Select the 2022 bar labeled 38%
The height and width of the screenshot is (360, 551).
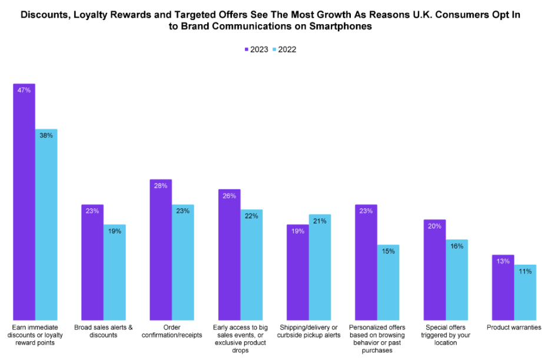click(x=46, y=224)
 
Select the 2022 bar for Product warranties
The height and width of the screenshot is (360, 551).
click(x=525, y=292)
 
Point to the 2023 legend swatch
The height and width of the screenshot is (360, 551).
click(x=246, y=50)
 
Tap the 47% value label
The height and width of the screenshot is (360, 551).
click(x=24, y=91)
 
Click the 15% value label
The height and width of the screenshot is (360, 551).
click(x=388, y=251)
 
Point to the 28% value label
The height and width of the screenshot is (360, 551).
click(x=161, y=186)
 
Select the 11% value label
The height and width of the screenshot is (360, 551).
click(x=525, y=271)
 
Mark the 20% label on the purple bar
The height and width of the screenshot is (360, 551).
click(x=434, y=226)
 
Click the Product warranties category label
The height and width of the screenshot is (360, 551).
click(x=514, y=327)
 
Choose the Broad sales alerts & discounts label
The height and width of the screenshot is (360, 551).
click(x=104, y=331)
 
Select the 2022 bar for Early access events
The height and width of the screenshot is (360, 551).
click(x=251, y=264)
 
